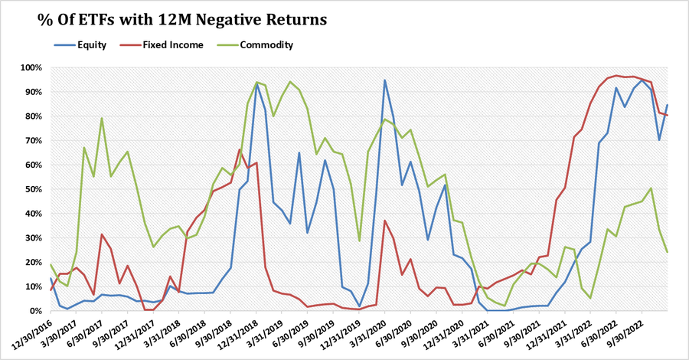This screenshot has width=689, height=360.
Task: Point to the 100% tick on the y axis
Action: pyautogui.click(x=30, y=67)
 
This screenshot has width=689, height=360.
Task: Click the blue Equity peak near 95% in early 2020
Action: pyautogui.click(x=384, y=80)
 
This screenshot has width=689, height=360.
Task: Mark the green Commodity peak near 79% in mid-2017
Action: pyautogui.click(x=102, y=118)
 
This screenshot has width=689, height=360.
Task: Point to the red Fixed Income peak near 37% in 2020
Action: pyautogui.click(x=384, y=221)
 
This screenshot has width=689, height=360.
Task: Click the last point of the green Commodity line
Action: pyautogui.click(x=668, y=252)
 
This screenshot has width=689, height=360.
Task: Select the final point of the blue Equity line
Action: pyautogui.click(x=668, y=105)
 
